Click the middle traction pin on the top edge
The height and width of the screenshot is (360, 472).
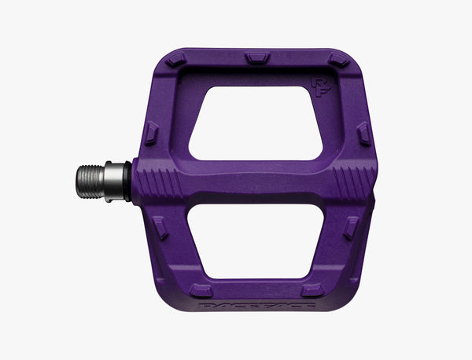(x=257, y=57)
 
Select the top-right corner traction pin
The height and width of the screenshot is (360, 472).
(x=338, y=60)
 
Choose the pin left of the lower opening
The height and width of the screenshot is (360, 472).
(x=160, y=228)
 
